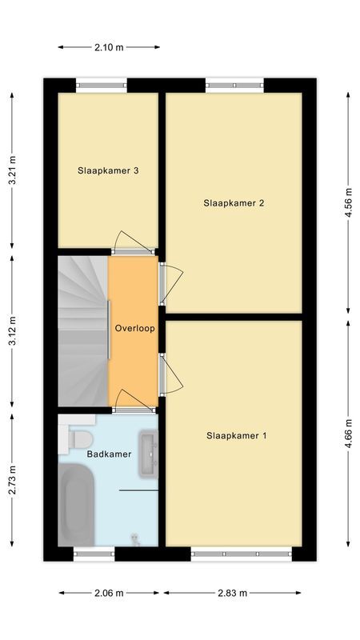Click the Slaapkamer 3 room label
click(109, 170)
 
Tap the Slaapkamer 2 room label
click(233, 203)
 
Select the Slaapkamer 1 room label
click(236, 436)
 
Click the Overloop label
click(134, 328)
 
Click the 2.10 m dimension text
click(109, 47)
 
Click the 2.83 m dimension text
click(232, 593)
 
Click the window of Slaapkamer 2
click(234, 83)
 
